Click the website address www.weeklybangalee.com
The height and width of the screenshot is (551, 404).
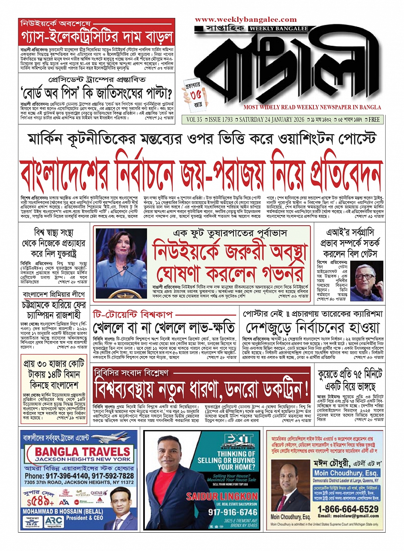click(246, 20)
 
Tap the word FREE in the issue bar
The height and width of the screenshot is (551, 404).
click(374, 120)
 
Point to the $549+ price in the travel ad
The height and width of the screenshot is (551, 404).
click(37, 501)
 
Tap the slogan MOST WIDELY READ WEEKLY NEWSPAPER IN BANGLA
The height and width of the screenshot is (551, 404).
click(312, 107)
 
